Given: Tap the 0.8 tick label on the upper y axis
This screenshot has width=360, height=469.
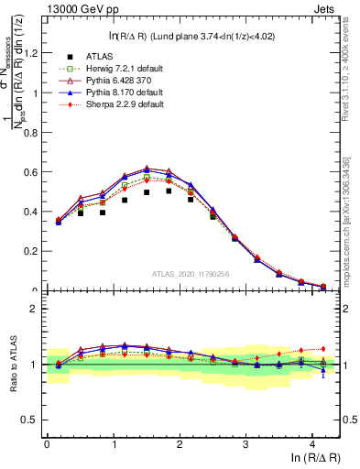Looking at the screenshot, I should click(32, 132).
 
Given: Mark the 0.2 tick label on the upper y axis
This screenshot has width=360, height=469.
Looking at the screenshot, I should click(32, 251).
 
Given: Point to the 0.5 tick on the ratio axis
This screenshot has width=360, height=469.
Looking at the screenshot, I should click(32, 420).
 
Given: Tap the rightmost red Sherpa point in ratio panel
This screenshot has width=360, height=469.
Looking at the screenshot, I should click(323, 349).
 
